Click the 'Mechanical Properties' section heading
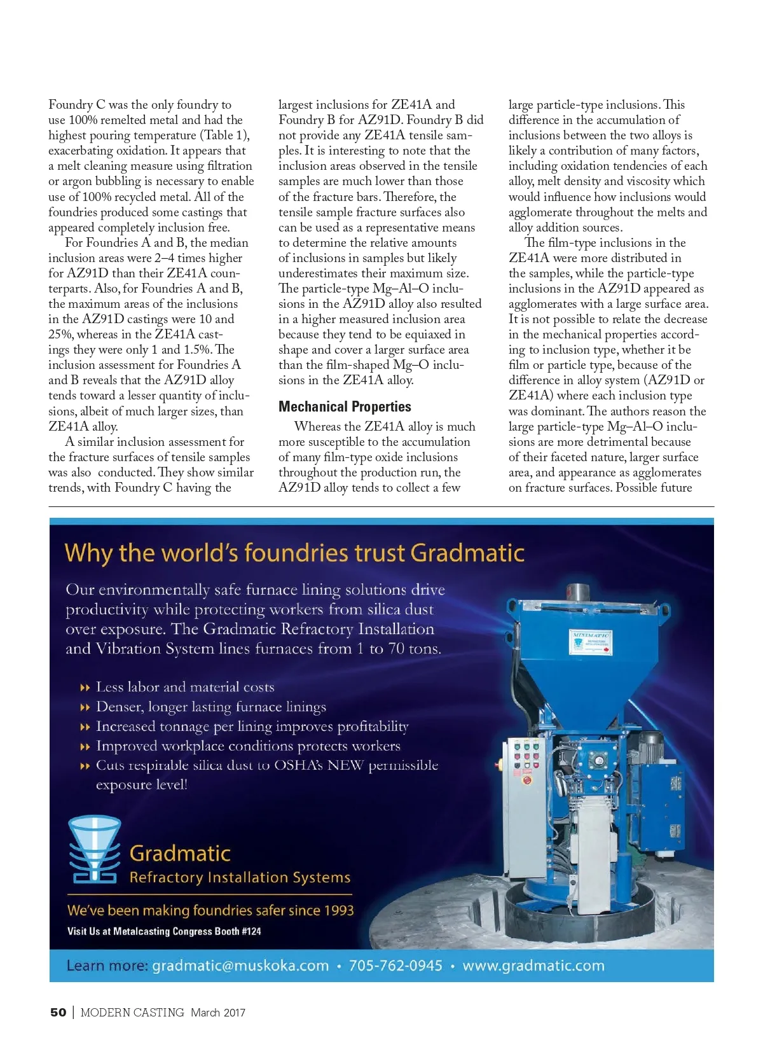point(345,406)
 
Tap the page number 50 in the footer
point(58,1012)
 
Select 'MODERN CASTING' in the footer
point(132,1012)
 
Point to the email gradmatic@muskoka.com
point(240,966)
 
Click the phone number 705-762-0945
point(395,966)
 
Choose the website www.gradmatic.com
point(533,966)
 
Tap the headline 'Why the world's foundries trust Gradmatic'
point(294,553)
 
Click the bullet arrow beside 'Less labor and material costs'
point(85,688)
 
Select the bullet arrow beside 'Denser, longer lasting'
point(85,707)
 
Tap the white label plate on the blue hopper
point(591,642)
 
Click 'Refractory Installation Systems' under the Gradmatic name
point(240,878)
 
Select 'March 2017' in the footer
point(217,1012)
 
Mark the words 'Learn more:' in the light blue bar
point(107,966)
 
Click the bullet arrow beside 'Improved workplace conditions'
point(85,747)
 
